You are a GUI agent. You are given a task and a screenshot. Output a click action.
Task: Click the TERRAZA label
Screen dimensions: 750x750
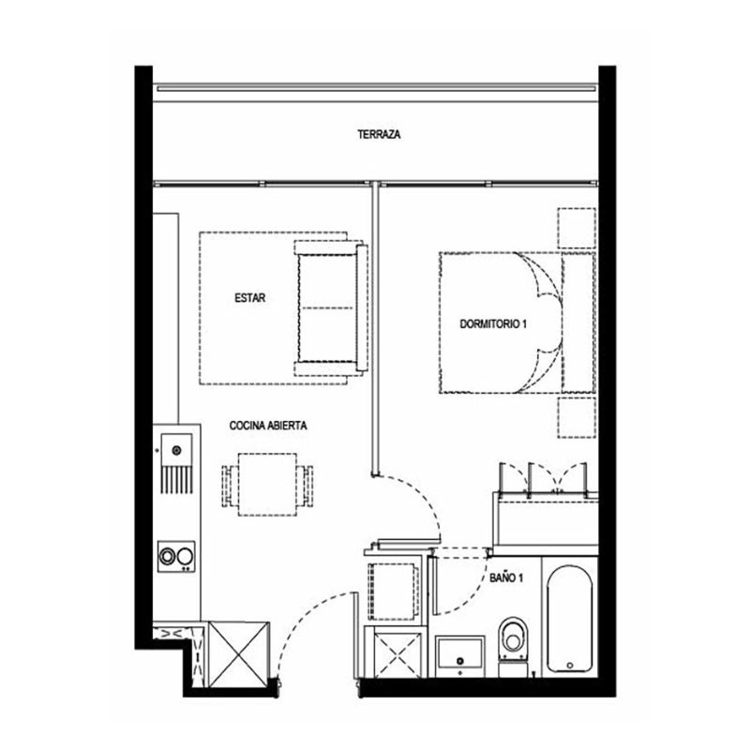[x=379, y=134]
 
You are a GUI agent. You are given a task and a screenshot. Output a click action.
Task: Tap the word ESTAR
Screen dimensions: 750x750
[x=249, y=298]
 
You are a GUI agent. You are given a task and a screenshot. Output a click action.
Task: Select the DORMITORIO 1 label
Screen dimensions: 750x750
[x=493, y=324]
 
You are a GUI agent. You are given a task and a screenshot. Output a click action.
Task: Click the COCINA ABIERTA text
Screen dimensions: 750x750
[x=268, y=426]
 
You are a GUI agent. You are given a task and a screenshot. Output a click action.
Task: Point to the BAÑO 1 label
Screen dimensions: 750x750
[x=506, y=577]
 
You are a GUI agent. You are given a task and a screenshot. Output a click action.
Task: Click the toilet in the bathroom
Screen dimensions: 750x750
[x=513, y=647]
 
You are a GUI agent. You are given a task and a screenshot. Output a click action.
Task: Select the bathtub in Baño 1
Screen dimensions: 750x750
[x=570, y=619]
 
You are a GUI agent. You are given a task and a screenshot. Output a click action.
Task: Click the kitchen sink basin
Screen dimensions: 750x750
[x=176, y=450]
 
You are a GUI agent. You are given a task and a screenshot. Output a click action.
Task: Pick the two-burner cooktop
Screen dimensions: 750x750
[x=176, y=556]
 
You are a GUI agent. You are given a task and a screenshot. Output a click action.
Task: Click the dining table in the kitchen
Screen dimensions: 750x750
[x=267, y=485]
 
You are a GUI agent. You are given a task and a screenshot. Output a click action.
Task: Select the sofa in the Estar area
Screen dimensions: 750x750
[x=332, y=308]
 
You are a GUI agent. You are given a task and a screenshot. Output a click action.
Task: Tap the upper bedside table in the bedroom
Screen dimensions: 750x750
[x=577, y=228]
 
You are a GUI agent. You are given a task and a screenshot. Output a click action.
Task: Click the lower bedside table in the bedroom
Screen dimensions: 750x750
[x=577, y=417]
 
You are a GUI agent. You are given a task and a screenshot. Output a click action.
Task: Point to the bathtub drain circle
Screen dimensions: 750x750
[x=570, y=666]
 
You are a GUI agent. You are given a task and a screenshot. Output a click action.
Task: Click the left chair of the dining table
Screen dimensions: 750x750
[x=230, y=486]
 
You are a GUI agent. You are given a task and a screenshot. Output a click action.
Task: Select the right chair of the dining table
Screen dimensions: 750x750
[x=306, y=486]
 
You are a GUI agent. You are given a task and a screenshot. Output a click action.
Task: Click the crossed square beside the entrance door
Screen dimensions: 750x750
[x=239, y=654]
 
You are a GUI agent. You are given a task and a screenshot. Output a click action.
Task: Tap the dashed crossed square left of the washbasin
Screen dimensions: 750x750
[x=397, y=654]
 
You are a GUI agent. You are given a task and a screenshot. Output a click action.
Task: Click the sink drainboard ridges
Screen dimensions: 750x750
[x=177, y=480]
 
